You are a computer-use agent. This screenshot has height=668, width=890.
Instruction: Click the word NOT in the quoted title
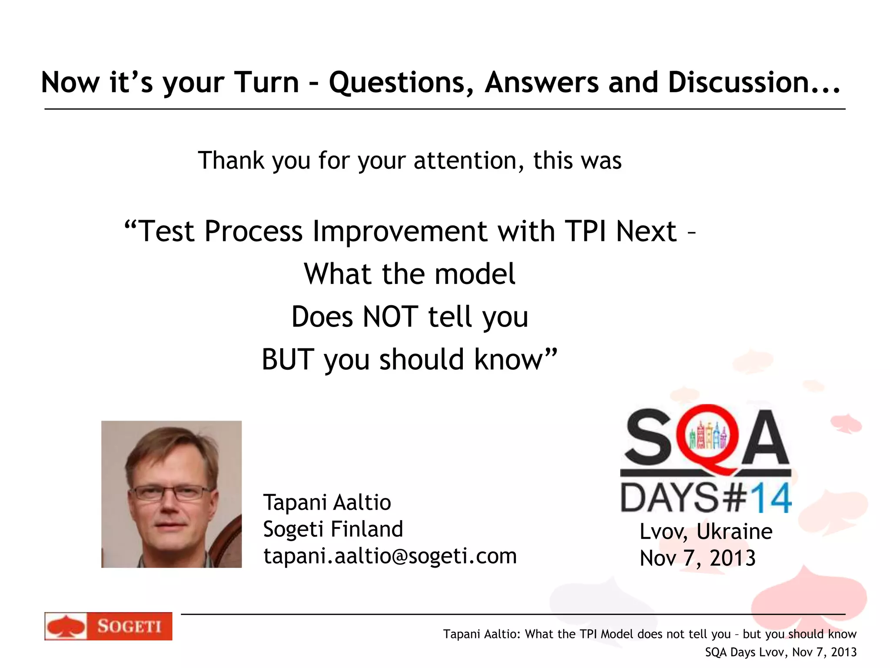pos(390,317)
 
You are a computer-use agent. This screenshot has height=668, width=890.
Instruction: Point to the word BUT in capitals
pos(288,360)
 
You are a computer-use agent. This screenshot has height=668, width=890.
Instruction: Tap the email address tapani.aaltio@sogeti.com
pos(390,556)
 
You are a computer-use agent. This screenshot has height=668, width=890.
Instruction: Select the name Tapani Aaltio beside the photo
pos(327,502)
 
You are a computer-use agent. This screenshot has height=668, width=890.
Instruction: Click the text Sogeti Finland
pos(333,529)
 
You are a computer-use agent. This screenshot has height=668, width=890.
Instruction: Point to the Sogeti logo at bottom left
pos(108,626)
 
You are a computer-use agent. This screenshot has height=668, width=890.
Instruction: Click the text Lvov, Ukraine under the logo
pos(706,531)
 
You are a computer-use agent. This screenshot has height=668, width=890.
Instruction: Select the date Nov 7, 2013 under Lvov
pos(697,558)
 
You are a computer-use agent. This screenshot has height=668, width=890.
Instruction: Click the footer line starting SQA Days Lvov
pos(780,652)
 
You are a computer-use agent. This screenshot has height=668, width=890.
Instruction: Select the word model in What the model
pos(475,274)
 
